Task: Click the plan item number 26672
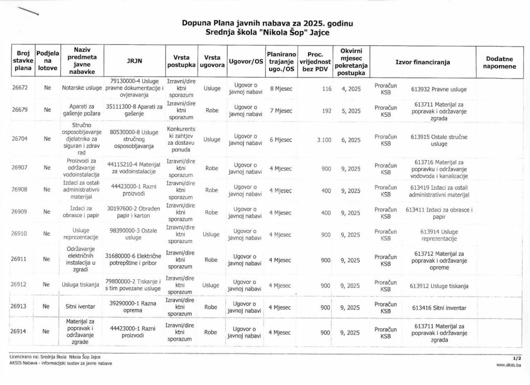(20, 88)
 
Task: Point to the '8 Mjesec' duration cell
(281, 88)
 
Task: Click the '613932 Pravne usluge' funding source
(438, 89)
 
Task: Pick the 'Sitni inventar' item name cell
(79, 307)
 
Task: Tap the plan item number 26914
(20, 332)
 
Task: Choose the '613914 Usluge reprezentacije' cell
(438, 235)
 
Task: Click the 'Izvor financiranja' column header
(422, 61)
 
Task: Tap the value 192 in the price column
(326, 111)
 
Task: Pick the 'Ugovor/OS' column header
(245, 61)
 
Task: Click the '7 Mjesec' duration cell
(281, 111)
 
